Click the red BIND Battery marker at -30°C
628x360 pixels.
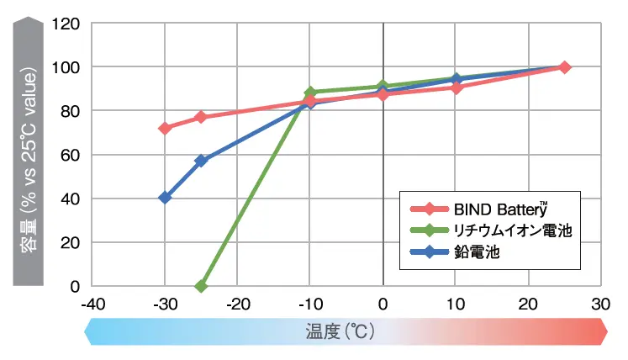click(x=165, y=128)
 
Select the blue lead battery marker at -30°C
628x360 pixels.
click(x=165, y=198)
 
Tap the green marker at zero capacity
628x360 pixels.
click(x=201, y=286)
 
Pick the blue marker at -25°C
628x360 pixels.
click(x=201, y=161)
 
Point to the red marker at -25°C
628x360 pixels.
click(x=201, y=117)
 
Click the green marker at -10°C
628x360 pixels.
click(x=310, y=93)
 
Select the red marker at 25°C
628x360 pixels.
click(x=564, y=67)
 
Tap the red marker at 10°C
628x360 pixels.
click(x=456, y=87)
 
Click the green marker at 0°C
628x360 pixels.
click(x=383, y=87)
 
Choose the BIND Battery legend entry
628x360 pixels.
click(x=488, y=209)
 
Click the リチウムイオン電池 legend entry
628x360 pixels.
click(x=500, y=230)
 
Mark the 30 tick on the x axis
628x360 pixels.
click(x=600, y=304)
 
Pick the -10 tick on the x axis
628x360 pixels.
click(x=310, y=304)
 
